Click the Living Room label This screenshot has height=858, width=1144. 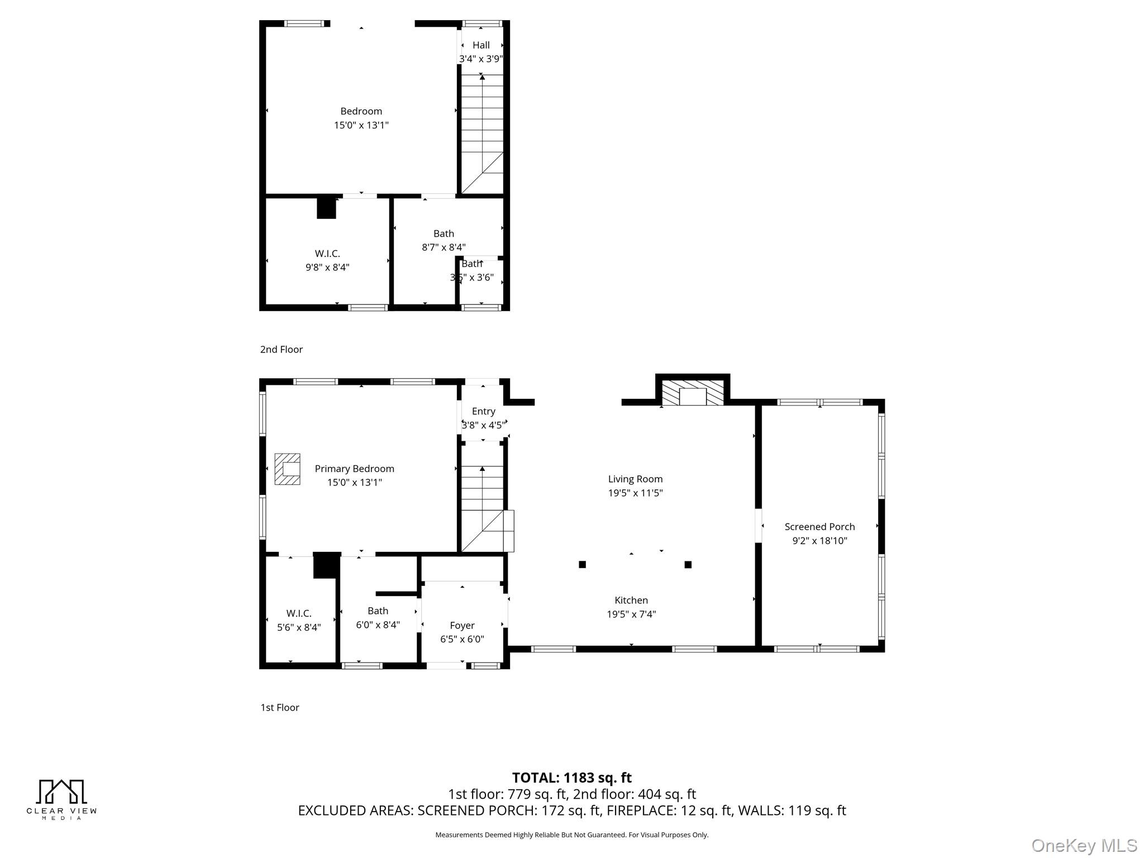click(635, 479)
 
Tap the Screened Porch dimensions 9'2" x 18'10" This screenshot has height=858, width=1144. click(819, 541)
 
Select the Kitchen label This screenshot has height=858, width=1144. click(631, 600)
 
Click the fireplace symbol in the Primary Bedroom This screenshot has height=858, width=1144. click(287, 469)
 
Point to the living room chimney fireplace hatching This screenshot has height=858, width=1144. click(693, 393)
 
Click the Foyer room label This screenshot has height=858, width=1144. click(462, 626)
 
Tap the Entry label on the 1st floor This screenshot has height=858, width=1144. click(483, 412)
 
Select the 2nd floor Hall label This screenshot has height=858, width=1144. click(481, 45)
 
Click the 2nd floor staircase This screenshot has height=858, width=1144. click(482, 134)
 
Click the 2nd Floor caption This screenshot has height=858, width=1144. click(281, 350)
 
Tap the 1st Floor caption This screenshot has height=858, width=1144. click(280, 708)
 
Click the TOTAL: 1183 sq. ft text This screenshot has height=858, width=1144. click(571, 778)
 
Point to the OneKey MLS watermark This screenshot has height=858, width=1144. click(1084, 846)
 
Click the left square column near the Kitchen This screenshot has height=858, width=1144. click(582, 565)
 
